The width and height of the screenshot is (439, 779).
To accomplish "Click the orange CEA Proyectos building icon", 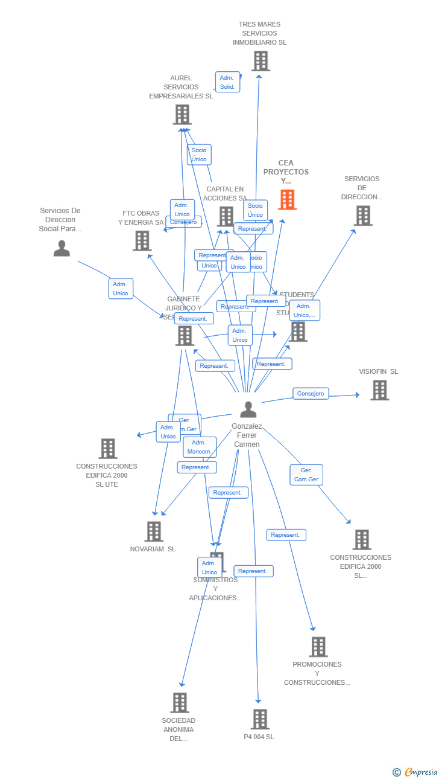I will tap(287, 200).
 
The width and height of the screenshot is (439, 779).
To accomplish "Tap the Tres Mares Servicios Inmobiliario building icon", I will tap(261, 61).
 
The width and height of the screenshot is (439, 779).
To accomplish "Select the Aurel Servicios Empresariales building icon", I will tap(182, 115).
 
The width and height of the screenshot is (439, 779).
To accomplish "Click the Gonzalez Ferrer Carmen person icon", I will tap(248, 409).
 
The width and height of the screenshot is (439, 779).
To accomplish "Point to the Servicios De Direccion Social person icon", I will tap(62, 248).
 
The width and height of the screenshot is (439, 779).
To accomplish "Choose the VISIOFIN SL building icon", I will tap(379, 390).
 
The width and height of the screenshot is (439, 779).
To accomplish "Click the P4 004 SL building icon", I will tap(260, 719).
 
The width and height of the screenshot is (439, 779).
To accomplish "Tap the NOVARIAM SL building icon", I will tap(154, 531).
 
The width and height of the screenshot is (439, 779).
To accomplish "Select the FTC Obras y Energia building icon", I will tap(142, 241).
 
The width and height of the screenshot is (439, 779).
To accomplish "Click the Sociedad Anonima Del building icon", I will tap(180, 703).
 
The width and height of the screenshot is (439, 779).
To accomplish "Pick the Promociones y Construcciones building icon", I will tap(318, 647).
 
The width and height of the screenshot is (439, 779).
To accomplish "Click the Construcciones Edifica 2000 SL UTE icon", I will tap(108, 449).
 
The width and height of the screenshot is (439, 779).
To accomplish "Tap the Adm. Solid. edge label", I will tap(227, 82).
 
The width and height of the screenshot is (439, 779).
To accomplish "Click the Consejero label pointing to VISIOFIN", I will tap(311, 394).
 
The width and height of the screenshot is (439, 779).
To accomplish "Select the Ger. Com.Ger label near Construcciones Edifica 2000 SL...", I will tap(306, 475).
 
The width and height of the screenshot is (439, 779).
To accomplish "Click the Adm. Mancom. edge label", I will tap(199, 447).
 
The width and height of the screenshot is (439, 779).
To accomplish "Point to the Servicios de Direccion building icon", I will tap(362, 216).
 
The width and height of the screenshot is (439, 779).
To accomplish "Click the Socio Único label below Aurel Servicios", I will tap(199, 155).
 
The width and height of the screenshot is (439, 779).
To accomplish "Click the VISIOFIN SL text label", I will tap(378, 371).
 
